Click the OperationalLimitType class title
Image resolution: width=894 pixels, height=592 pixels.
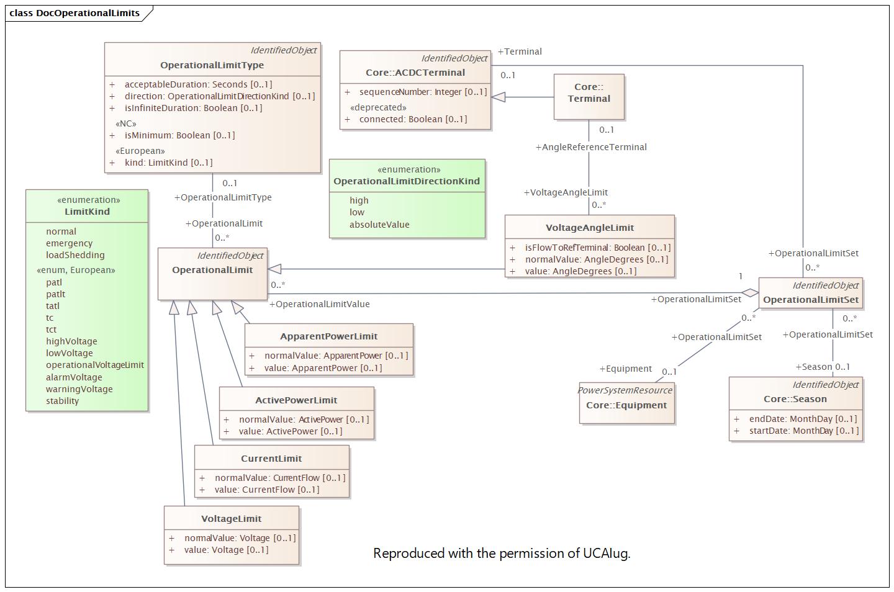click(x=212, y=65)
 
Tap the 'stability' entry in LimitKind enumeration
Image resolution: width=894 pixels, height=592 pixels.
click(x=62, y=401)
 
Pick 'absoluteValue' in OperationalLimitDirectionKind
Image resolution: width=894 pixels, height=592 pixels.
click(x=379, y=225)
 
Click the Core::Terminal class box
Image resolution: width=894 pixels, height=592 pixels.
click(x=589, y=97)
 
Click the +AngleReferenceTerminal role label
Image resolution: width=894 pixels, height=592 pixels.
click(x=591, y=147)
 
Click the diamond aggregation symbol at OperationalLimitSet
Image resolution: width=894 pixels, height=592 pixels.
click(x=751, y=293)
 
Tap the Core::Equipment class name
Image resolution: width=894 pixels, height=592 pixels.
click(x=626, y=405)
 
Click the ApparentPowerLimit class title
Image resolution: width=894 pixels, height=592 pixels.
click(x=329, y=336)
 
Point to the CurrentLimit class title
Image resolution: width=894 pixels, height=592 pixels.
click(x=271, y=459)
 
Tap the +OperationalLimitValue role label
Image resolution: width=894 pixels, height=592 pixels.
click(x=319, y=304)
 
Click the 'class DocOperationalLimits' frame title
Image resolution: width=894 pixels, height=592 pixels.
click(x=74, y=13)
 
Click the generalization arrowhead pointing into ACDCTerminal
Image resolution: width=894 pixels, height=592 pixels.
click(x=498, y=97)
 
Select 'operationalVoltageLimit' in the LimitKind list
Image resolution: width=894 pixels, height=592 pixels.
click(x=95, y=365)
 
